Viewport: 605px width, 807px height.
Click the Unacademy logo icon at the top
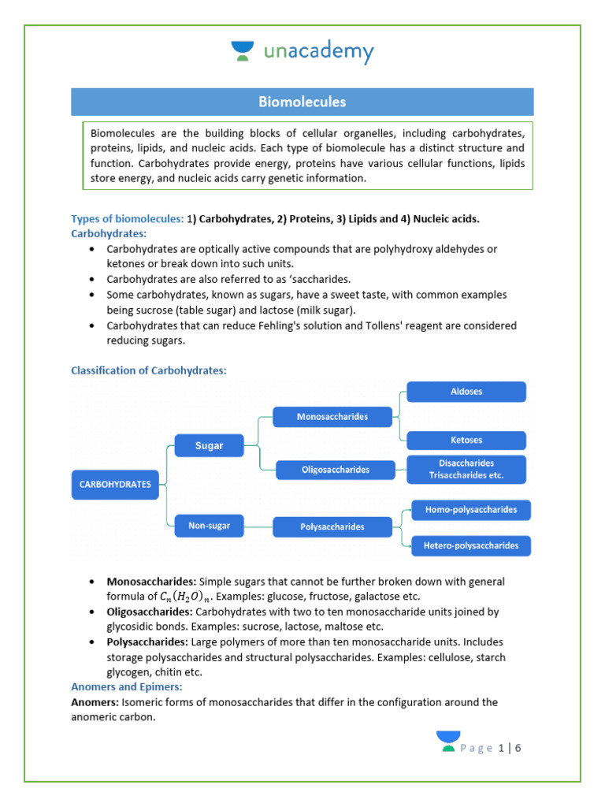(243, 52)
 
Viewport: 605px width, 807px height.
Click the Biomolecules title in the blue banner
(302, 102)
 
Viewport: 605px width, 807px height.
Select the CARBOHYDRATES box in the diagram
(115, 485)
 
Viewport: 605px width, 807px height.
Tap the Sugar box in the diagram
(209, 446)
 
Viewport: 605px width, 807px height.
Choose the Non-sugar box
(209, 526)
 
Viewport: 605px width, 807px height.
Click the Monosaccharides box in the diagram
(332, 416)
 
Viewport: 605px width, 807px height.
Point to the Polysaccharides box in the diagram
(332, 526)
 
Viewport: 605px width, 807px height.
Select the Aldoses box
(466, 392)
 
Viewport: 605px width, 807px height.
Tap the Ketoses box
(466, 441)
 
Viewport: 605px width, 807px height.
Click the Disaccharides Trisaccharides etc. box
(466, 470)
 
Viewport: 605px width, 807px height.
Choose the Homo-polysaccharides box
(470, 510)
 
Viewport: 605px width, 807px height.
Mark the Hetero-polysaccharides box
(470, 545)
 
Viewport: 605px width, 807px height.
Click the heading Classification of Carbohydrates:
(149, 370)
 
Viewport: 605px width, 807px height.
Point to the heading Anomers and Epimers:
(126, 686)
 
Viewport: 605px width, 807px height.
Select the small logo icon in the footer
(447, 742)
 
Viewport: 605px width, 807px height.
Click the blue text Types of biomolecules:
(127, 218)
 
